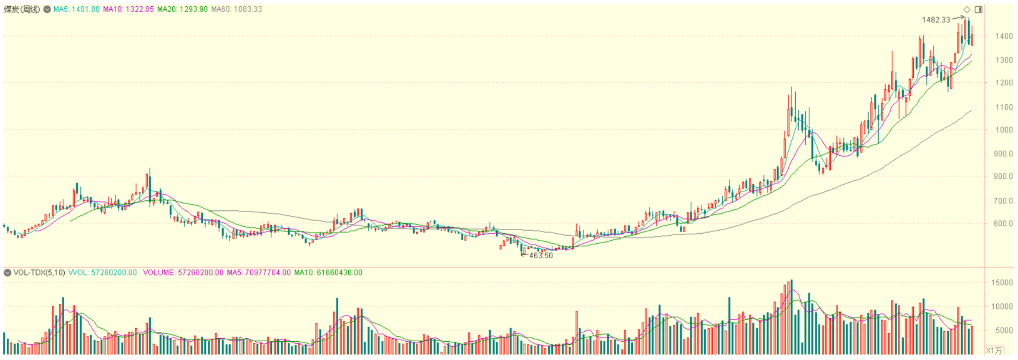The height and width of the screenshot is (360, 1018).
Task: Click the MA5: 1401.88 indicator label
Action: tap(76, 9)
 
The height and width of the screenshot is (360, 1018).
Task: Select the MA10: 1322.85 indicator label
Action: tap(128, 9)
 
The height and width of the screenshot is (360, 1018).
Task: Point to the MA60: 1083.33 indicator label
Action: tap(236, 9)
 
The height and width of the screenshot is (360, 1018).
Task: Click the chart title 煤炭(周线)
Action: tap(22, 9)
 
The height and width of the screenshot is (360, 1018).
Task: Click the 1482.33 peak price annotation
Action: tap(935, 20)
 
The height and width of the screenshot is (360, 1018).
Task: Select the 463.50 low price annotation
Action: tap(541, 256)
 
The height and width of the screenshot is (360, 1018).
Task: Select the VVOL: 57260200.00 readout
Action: tap(102, 273)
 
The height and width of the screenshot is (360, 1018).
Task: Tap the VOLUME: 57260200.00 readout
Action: tap(183, 273)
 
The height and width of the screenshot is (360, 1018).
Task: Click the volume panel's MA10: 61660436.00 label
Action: tap(328, 273)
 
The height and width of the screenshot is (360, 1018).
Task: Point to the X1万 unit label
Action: tap(993, 351)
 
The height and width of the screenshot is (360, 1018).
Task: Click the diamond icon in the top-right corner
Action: tap(967, 9)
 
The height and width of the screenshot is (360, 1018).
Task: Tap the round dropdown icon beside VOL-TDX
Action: tap(7, 273)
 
